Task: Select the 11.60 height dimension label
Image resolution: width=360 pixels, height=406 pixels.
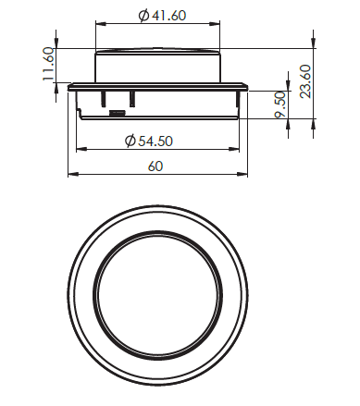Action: (48, 64)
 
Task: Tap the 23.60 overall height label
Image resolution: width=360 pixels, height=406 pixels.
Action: (305, 81)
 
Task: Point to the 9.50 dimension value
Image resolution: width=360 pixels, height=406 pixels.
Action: (280, 105)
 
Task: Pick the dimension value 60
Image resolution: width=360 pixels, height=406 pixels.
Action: (155, 166)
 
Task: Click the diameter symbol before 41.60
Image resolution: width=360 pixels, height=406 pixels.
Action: (143, 16)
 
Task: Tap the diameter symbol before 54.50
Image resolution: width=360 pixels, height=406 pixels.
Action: (130, 141)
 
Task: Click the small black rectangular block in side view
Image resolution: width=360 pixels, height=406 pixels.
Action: (118, 113)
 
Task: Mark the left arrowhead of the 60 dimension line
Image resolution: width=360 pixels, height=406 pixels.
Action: (72, 175)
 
